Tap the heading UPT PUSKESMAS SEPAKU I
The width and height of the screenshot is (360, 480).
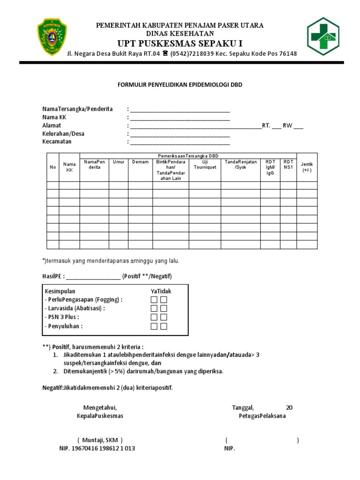pos(180,44)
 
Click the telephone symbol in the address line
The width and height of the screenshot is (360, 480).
pos(165,53)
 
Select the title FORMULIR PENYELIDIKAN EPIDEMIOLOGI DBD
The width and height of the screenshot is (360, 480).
pos(180,85)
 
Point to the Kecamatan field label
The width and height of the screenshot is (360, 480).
pos(57,142)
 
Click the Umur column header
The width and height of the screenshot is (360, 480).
pos(119,162)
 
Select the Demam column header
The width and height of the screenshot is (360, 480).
pos(140,162)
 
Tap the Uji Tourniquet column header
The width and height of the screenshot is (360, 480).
pos(205,165)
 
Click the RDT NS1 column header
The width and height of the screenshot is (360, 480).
pos(288,165)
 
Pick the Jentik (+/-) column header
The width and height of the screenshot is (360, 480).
pos(307,167)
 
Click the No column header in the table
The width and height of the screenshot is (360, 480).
pos(52,167)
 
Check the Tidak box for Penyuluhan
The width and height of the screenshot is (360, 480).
pos(164,326)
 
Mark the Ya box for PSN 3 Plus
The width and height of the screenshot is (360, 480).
pos(154,318)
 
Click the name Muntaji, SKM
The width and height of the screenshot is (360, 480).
pos(100,440)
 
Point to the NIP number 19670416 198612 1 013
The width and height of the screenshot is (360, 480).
pos(97,449)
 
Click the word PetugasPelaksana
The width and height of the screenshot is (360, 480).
pos(262,416)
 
